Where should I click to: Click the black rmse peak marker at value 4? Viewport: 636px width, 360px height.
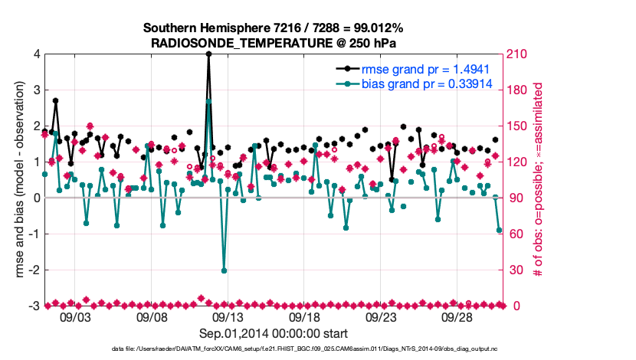click(x=208, y=54)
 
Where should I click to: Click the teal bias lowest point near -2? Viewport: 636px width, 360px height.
click(x=224, y=270)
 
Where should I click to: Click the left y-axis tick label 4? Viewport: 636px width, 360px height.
click(x=37, y=54)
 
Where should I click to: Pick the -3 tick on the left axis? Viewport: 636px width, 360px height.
click(x=35, y=306)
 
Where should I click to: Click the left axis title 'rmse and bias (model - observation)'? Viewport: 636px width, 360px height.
click(x=18, y=180)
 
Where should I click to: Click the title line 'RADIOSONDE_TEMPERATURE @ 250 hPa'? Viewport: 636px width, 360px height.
click(x=274, y=43)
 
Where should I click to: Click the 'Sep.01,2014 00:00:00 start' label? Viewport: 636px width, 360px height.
click(x=274, y=333)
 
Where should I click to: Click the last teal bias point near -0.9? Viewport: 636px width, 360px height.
click(x=499, y=230)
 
